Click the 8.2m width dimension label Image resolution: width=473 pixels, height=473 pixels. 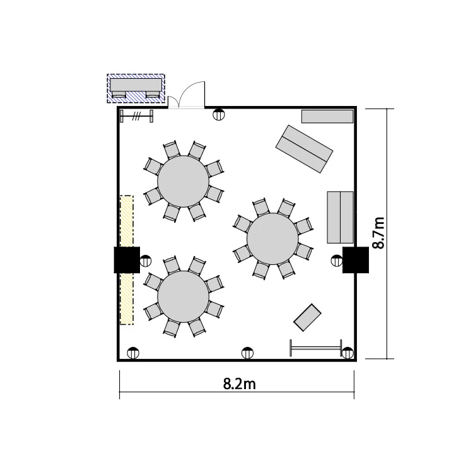[x=239, y=384]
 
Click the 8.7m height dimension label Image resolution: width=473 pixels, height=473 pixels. [x=378, y=233]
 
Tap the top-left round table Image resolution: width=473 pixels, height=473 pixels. [x=183, y=181]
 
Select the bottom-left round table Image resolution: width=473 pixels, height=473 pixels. [x=183, y=296]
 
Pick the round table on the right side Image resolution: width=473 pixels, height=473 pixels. [x=272, y=239]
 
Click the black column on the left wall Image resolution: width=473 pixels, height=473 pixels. [x=127, y=260]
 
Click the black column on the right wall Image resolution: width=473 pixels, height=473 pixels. [x=355, y=260]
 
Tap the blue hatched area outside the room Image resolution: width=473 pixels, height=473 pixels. [x=136, y=88]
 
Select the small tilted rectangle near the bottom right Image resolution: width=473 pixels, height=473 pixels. [x=307, y=317]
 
